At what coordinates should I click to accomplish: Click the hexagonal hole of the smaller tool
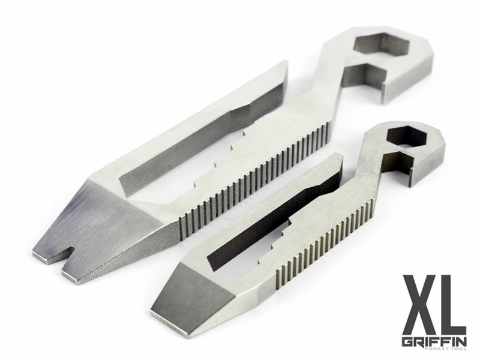(x=401, y=137)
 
